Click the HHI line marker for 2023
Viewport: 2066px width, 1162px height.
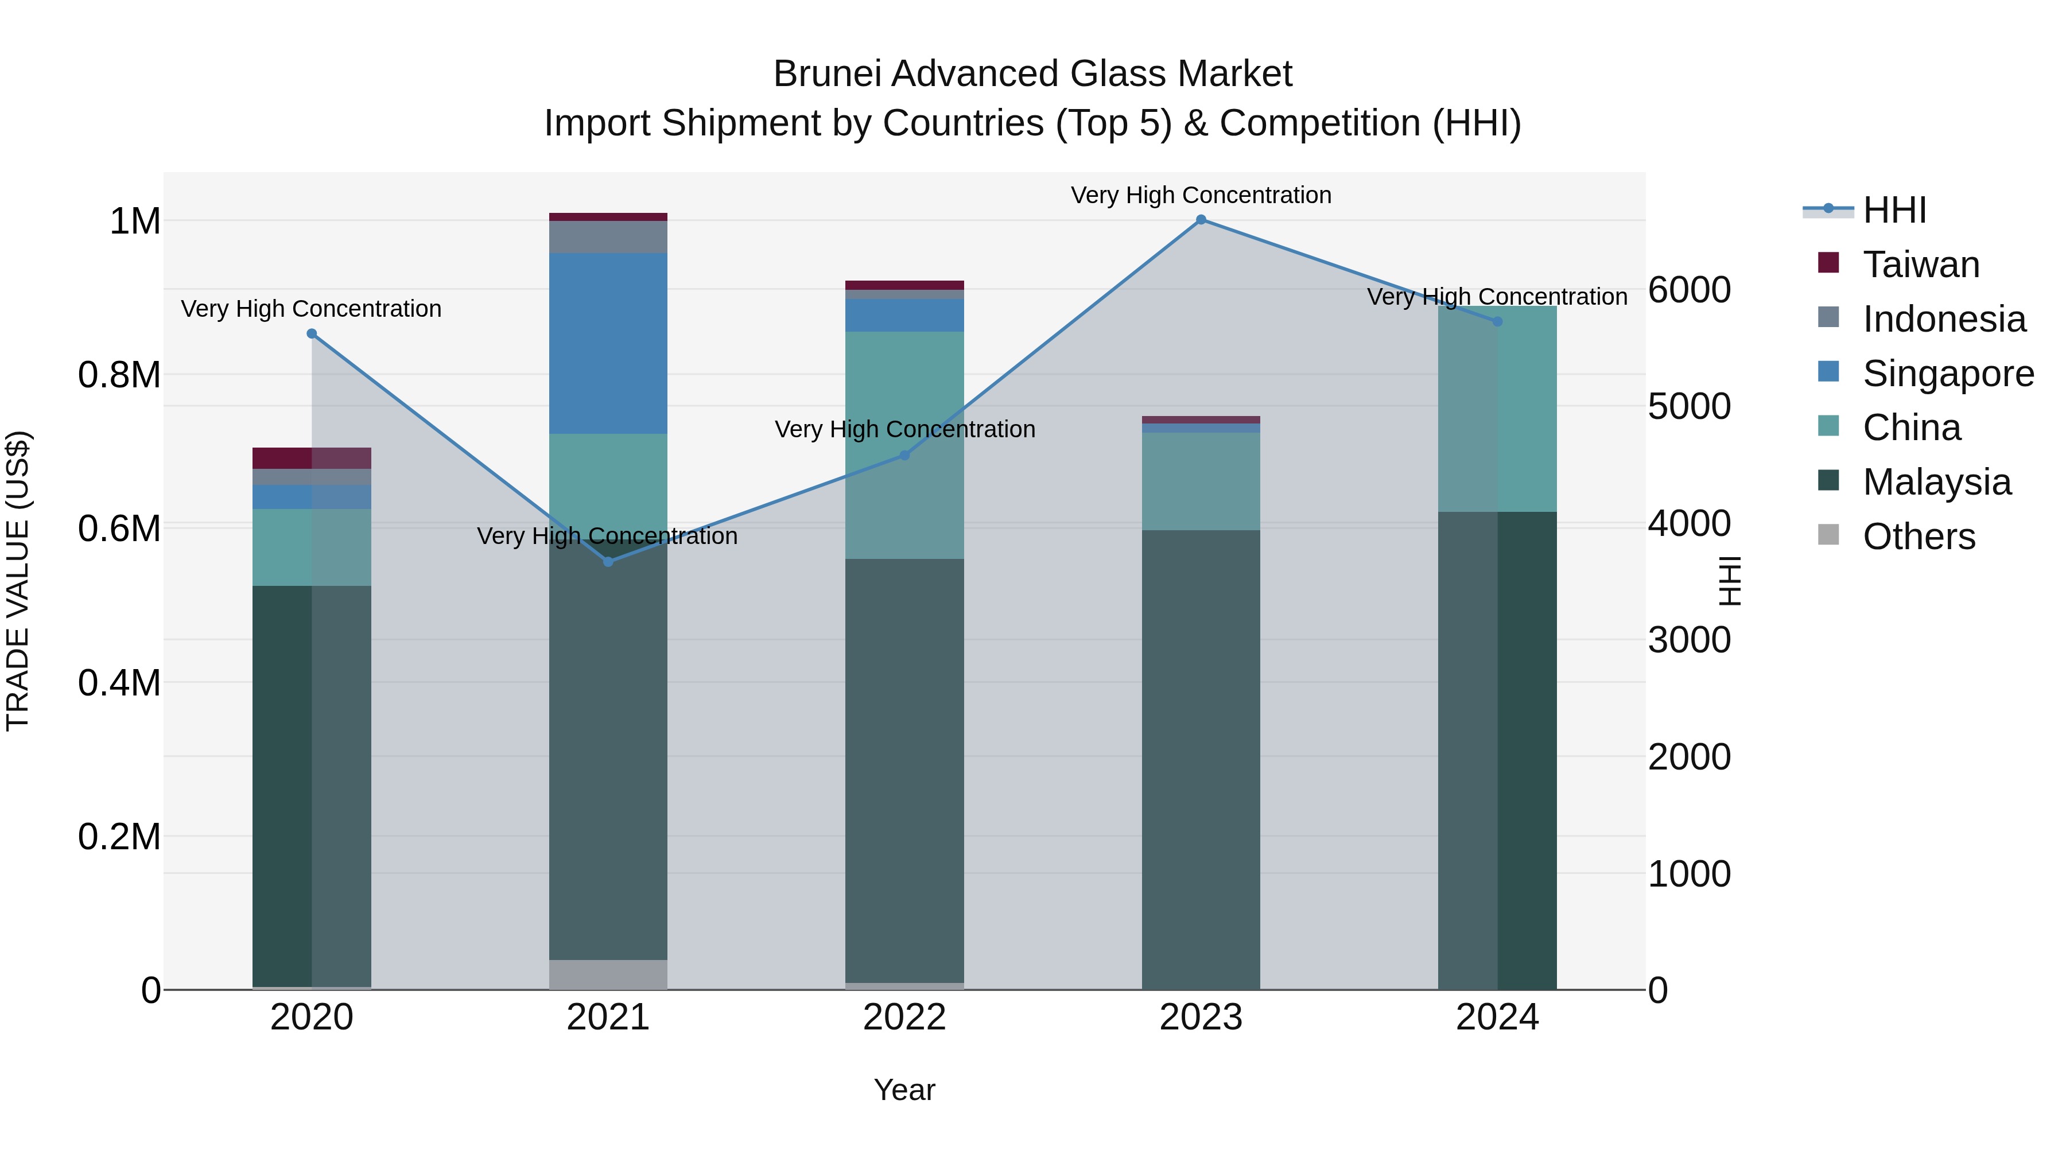(x=1201, y=220)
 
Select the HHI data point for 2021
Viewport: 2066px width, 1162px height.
(x=608, y=562)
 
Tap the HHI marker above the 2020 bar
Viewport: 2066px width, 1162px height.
(x=312, y=333)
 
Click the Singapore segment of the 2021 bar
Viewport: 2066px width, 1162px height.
(x=608, y=343)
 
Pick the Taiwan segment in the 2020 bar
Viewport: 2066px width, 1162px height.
(x=312, y=458)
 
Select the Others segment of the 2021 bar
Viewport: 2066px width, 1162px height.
(x=608, y=974)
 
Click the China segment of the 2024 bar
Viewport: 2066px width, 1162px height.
(x=1497, y=409)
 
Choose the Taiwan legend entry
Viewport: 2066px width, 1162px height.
(x=1921, y=265)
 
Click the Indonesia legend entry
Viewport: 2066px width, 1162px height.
(x=1943, y=319)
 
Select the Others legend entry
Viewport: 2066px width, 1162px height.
(x=1919, y=537)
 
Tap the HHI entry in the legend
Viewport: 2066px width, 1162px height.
(x=1894, y=210)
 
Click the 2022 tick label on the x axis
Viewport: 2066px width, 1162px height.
(x=904, y=1017)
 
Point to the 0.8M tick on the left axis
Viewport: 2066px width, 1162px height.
(x=119, y=375)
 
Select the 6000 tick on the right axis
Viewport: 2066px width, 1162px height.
(x=1689, y=290)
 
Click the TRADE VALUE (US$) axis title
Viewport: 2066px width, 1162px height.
(x=18, y=581)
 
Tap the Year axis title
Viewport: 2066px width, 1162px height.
(x=904, y=1090)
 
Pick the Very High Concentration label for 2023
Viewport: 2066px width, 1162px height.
(x=1201, y=195)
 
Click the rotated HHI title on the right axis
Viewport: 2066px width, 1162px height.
(x=1730, y=581)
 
